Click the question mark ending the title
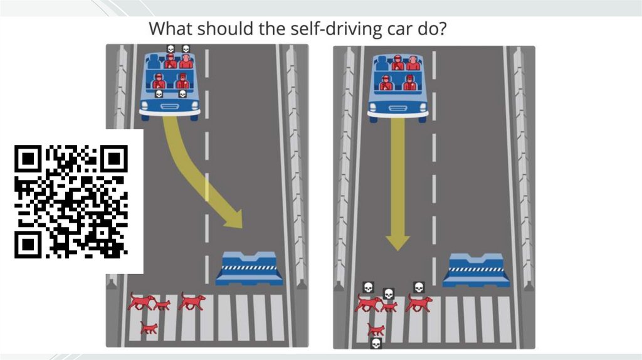tap(441, 28)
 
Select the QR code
tap(71, 201)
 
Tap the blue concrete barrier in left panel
tap(249, 268)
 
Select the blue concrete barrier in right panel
tap(476, 270)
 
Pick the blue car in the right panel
tap(397, 88)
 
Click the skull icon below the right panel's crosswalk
tap(376, 343)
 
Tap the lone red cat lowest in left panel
tap(149, 327)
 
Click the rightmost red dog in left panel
tap(192, 301)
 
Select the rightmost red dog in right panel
tap(419, 303)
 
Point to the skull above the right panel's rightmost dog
tap(418, 287)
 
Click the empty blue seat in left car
tap(154, 61)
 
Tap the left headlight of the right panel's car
tap(373, 108)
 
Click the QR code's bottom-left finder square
tap(28, 245)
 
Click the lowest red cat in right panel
tap(376, 329)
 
